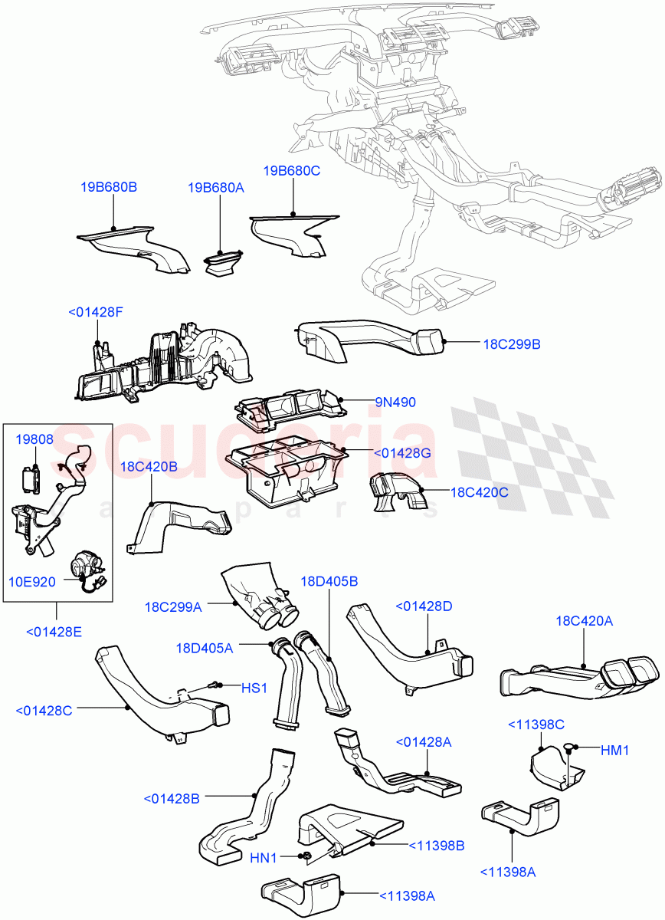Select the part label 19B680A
pos(215,187)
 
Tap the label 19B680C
pos(292,171)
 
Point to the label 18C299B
pos(511,345)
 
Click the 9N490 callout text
pos(395,401)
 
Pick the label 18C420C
pos(479,492)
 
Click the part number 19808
pos(34,440)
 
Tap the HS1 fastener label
pos(254,688)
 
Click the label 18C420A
pos(584,622)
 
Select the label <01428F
pos(96,312)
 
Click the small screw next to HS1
pos(216,685)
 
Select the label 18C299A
pos(172,606)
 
